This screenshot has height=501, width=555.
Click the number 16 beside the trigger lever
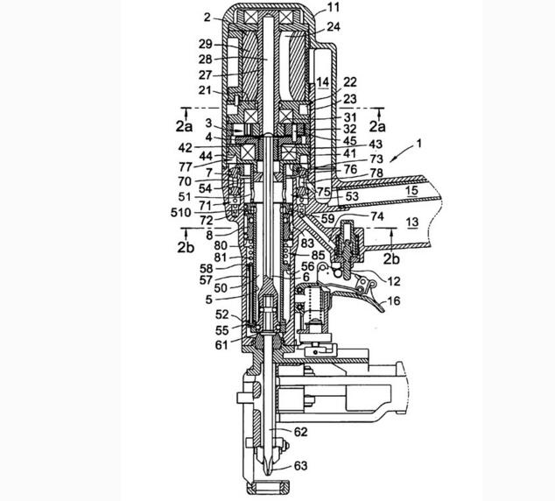point(395,300)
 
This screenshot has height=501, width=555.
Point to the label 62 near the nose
point(301,432)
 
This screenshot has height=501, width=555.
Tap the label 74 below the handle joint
point(351,215)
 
